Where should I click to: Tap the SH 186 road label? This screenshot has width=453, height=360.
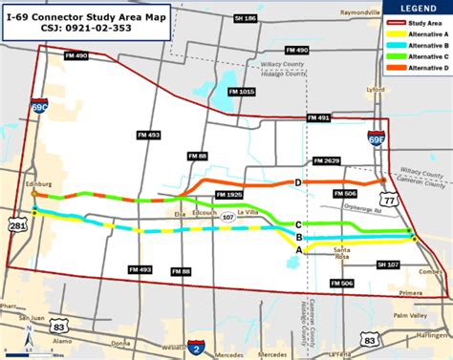pyautogui.click(x=247, y=18)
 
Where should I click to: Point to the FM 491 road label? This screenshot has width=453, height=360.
pyautogui.click(x=318, y=116)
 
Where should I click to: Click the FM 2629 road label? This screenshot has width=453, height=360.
pyautogui.click(x=326, y=160)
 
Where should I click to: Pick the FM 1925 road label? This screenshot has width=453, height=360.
pyautogui.click(x=228, y=194)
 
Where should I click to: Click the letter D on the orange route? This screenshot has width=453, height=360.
pyautogui.click(x=298, y=182)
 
